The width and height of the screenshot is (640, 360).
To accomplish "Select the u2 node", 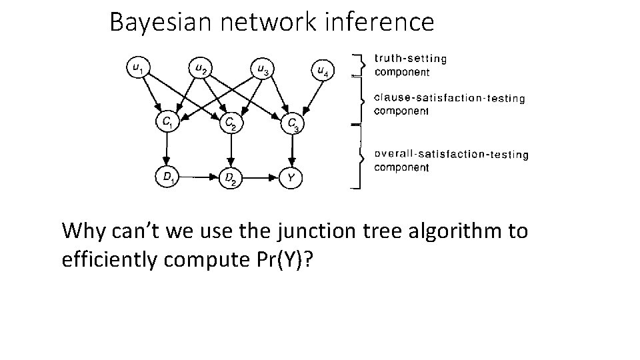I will (x=200, y=67).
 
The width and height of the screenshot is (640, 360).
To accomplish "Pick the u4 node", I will (x=323, y=70).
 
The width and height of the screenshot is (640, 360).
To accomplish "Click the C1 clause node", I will (x=167, y=122).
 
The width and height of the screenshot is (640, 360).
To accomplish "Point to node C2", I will (x=230, y=123).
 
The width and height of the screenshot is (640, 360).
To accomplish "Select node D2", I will (x=230, y=179).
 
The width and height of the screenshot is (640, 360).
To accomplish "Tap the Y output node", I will (x=291, y=179).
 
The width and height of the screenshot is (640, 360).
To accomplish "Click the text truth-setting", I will (x=411, y=58).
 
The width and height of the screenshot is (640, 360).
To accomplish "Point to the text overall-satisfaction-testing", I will (x=451, y=154).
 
